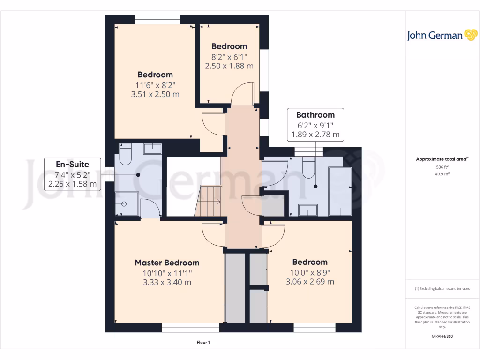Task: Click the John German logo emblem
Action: tap(470, 36)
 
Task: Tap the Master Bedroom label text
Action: tap(167, 262)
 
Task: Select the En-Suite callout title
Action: tap(72, 164)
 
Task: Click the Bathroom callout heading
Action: tap(315, 115)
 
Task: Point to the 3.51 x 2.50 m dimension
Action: tap(155, 94)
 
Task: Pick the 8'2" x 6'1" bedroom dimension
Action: tap(229, 56)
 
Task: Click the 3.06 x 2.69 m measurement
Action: tap(309, 282)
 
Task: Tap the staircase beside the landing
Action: tap(208, 201)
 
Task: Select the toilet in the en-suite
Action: tap(125, 156)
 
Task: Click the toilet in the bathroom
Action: tap(308, 167)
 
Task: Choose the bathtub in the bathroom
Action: tap(340, 191)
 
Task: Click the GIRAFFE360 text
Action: tap(442, 336)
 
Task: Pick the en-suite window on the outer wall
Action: tap(109, 174)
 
